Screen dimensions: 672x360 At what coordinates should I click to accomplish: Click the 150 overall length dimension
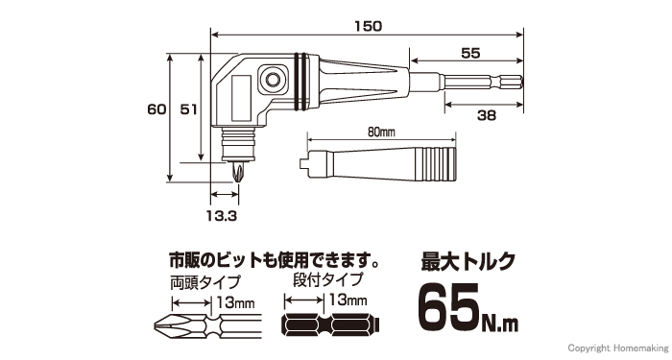tap(368, 26)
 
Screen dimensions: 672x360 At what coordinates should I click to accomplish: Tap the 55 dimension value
tap(470, 53)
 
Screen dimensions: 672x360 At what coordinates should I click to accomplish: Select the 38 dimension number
tap(486, 115)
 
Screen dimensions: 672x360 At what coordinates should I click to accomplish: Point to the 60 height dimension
tap(156, 109)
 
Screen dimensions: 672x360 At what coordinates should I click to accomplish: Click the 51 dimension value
tap(188, 109)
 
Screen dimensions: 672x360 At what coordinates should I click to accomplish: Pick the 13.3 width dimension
tap(222, 216)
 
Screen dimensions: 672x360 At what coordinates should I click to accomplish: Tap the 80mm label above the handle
tap(381, 132)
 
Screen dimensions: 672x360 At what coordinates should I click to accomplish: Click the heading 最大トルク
tap(468, 261)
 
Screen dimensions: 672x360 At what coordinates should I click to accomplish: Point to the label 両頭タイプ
tap(204, 283)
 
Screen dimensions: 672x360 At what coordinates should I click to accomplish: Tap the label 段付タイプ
tap(327, 280)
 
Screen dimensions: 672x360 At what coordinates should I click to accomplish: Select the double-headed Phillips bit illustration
tap(207, 327)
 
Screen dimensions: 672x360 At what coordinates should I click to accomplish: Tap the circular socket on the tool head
tap(271, 79)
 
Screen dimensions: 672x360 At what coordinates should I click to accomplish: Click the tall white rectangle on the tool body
tap(240, 98)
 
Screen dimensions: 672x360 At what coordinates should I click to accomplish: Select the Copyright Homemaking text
tap(616, 348)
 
